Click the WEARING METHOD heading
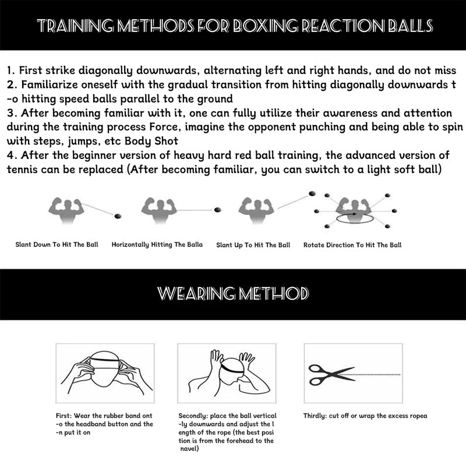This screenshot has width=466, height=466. (x=233, y=294)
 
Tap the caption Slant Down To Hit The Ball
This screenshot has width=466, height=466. (x=57, y=245)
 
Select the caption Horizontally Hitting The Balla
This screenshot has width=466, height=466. (x=157, y=245)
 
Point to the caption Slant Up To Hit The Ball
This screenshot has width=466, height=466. (x=253, y=245)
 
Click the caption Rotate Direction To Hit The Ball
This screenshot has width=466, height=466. (x=352, y=245)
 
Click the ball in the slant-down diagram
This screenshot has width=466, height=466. (x=118, y=216)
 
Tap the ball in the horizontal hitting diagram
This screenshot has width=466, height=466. (x=217, y=210)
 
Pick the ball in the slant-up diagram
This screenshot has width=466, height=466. (x=312, y=194)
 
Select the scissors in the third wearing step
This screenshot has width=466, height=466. (x=331, y=375)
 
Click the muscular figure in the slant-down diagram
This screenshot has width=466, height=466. (x=66, y=210)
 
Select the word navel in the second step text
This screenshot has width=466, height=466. (x=190, y=449)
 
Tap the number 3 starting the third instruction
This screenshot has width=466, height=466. (x=10, y=113)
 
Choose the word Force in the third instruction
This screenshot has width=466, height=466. (x=165, y=127)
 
